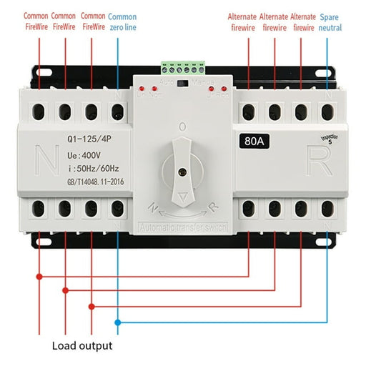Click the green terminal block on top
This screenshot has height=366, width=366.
[x=183, y=68]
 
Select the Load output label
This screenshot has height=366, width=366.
[x=81, y=346]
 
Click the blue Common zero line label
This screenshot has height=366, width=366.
[x=122, y=21]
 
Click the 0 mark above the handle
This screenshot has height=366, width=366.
[x=182, y=127]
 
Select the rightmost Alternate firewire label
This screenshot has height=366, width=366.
[x=302, y=21]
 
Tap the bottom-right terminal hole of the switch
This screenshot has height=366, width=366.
[x=327, y=209]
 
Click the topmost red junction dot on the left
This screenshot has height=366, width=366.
[x=39, y=276]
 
